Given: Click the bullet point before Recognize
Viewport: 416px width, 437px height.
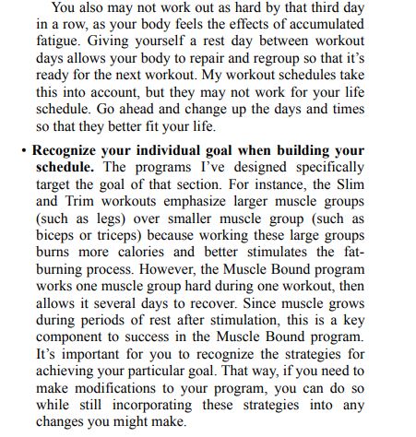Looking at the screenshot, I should pos(22,150).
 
